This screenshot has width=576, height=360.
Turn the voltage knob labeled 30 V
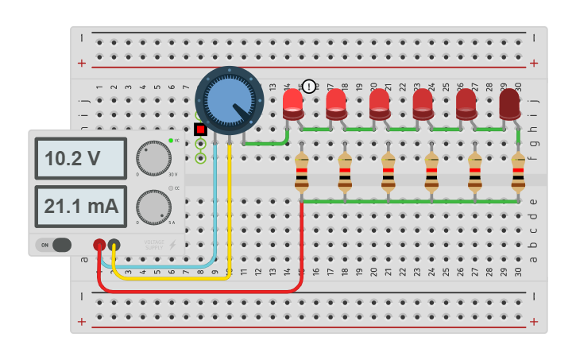pos(153,158)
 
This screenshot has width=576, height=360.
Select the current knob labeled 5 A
pos(153,207)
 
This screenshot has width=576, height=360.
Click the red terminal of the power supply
pos(99,245)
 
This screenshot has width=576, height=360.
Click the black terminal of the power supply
pos(114,245)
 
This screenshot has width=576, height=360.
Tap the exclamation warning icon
pos(309,87)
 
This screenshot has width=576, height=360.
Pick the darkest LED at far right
pos(509,104)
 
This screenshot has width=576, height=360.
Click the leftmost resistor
pos(302,172)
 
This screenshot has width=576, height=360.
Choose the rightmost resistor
pos(518,172)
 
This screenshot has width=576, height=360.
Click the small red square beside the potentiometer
pos(200,129)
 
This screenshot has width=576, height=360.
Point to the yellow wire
pos(175,277)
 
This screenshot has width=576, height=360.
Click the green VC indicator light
pos(170,141)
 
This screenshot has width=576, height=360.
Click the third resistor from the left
pos(389,172)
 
